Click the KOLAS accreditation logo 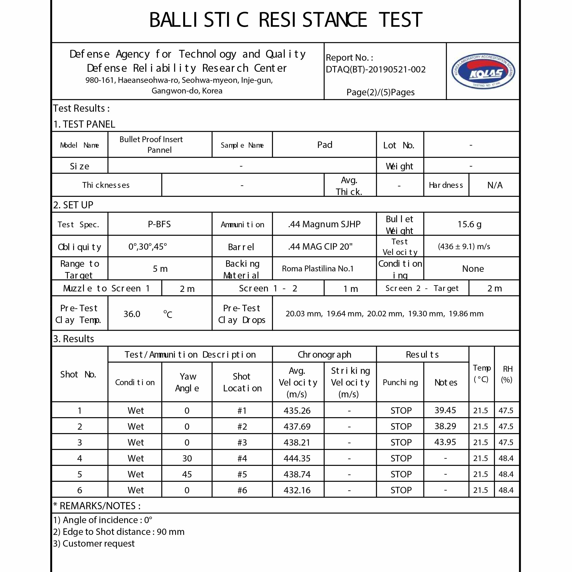(483, 71)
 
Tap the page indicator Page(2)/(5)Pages (380, 92)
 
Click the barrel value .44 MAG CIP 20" (320, 246)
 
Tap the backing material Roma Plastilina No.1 (317, 269)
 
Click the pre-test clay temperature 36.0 (132, 314)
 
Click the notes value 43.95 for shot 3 (445, 442)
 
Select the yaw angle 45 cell (187, 474)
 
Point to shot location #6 (242, 490)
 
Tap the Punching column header (400, 382)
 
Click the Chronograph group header (324, 354)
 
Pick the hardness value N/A (494, 185)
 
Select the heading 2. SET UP (73, 205)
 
